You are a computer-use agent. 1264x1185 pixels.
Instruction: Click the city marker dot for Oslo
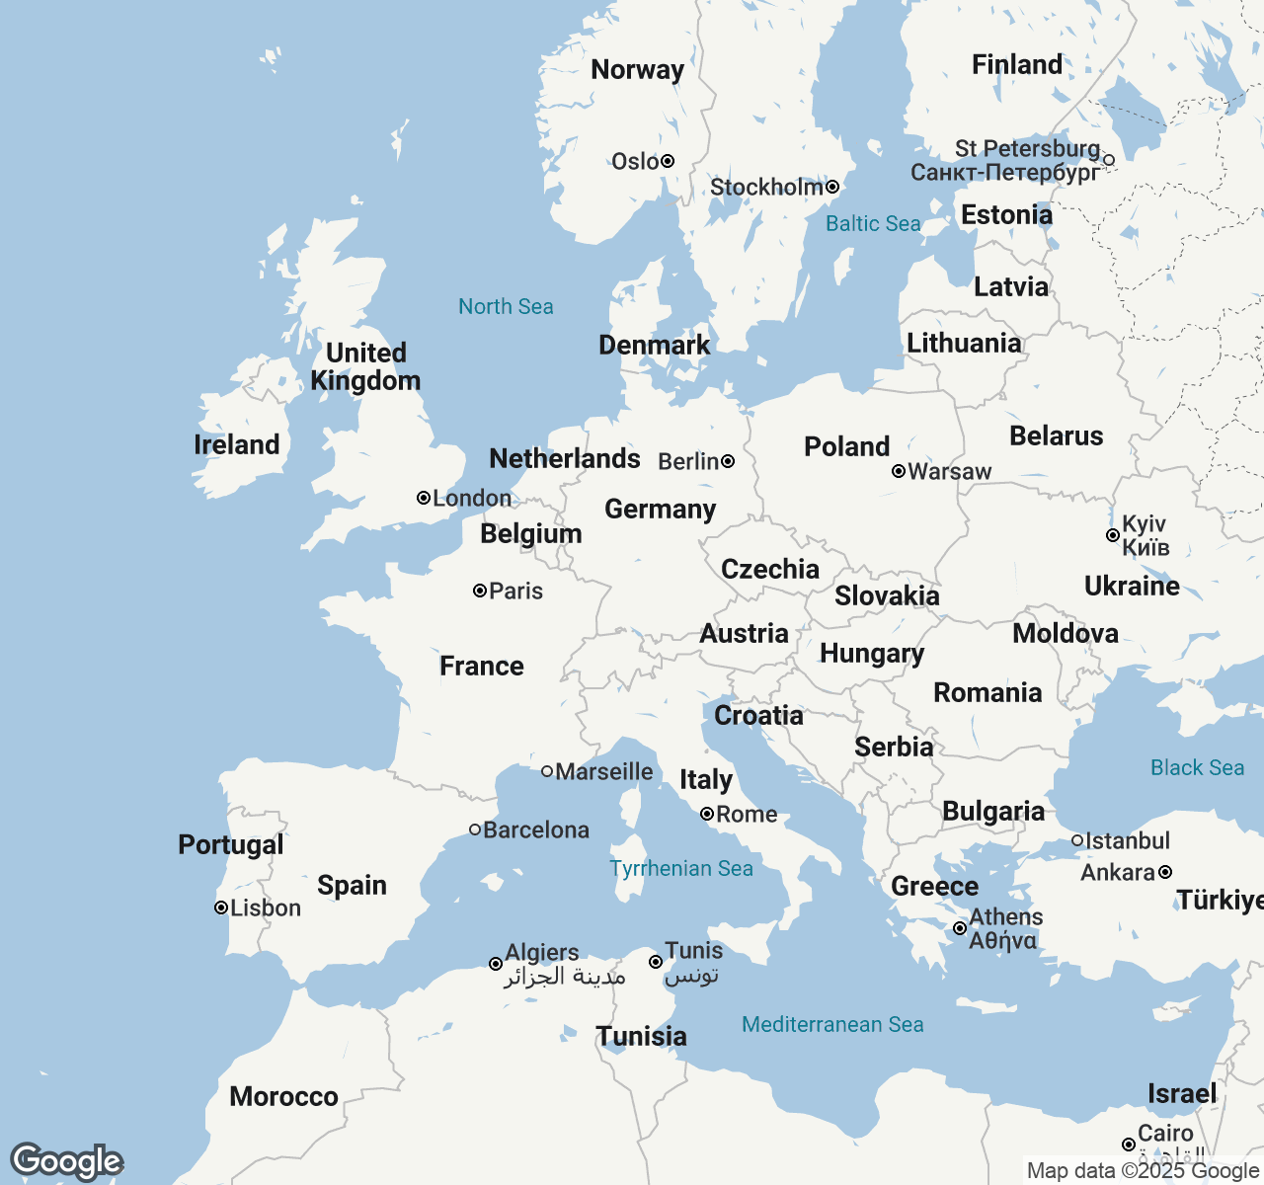pos(668,161)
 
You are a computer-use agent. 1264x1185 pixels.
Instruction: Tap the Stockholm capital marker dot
pos(832,187)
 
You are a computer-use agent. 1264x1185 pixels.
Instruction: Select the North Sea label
pos(506,307)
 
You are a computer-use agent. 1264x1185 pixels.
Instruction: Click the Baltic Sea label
pos(873,224)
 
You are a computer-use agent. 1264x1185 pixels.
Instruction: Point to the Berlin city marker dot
pos(728,461)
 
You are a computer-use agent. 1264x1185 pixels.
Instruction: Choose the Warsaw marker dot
pos(899,471)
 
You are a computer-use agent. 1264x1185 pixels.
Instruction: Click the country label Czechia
pos(769,570)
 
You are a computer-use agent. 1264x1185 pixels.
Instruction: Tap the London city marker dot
pos(424,498)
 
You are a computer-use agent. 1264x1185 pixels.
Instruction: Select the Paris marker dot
pos(480,591)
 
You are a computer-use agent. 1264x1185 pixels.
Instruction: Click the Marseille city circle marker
pos(547,771)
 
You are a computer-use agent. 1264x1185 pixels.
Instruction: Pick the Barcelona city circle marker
pos(475,829)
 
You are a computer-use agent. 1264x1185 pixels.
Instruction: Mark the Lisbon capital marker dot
pos(221,908)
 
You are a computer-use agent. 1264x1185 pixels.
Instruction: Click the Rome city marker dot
pos(707,814)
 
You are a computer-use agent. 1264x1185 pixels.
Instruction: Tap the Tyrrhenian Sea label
pos(680,869)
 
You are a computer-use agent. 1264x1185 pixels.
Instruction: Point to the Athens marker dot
pos(960,928)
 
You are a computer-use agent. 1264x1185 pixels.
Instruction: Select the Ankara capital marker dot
pos(1165,872)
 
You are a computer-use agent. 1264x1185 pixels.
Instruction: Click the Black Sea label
pos(1197,768)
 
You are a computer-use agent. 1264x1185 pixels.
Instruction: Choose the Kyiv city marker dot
pos(1113,535)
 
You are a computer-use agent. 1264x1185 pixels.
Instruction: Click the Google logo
pos(66,1162)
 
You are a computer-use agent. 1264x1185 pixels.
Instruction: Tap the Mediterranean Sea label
pos(832,1025)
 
